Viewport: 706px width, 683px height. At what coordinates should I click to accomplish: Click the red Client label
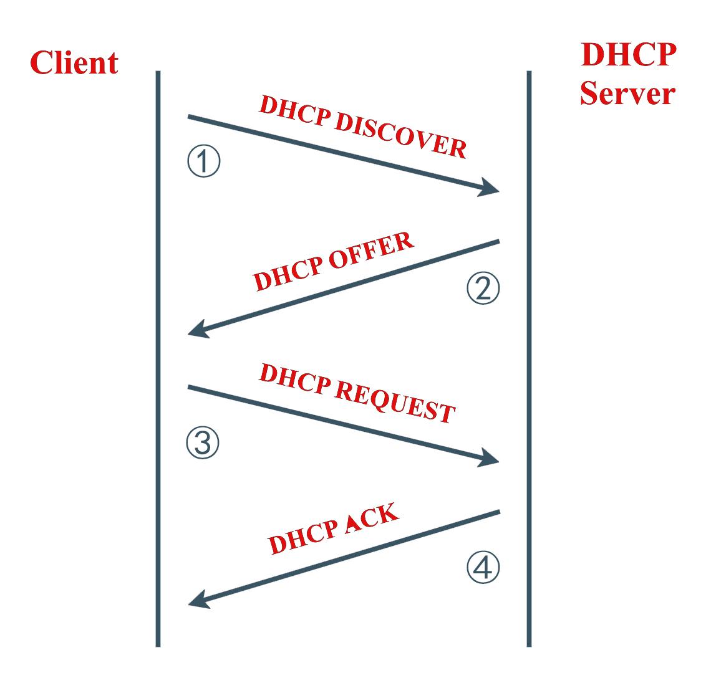[x=74, y=62]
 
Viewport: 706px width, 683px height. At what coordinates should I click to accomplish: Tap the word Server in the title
[x=627, y=93]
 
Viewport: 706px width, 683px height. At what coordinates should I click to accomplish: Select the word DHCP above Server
[x=629, y=54]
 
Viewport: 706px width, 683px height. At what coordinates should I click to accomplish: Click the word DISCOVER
[x=400, y=135]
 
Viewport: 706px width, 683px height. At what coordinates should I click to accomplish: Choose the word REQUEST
[x=395, y=401]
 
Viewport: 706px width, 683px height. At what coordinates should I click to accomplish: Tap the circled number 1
[x=204, y=161]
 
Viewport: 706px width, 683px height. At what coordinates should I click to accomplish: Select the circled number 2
[x=483, y=288]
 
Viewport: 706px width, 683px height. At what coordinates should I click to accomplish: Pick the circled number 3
[x=203, y=442]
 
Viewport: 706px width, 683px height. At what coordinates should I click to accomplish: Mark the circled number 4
[x=483, y=567]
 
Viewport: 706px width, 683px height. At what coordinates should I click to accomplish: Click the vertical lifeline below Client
[x=158, y=358]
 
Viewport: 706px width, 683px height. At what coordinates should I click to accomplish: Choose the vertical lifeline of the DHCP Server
[x=529, y=358]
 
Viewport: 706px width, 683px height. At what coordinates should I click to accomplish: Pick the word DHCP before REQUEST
[x=296, y=380]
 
